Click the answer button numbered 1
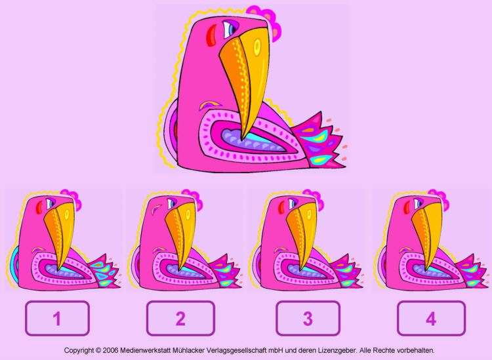coord(58,318)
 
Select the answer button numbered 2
coord(180,318)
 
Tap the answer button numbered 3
coord(308,318)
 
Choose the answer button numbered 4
coord(431,318)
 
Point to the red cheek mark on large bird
coord(211,35)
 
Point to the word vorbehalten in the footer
coord(415,350)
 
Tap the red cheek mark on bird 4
coord(407,207)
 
